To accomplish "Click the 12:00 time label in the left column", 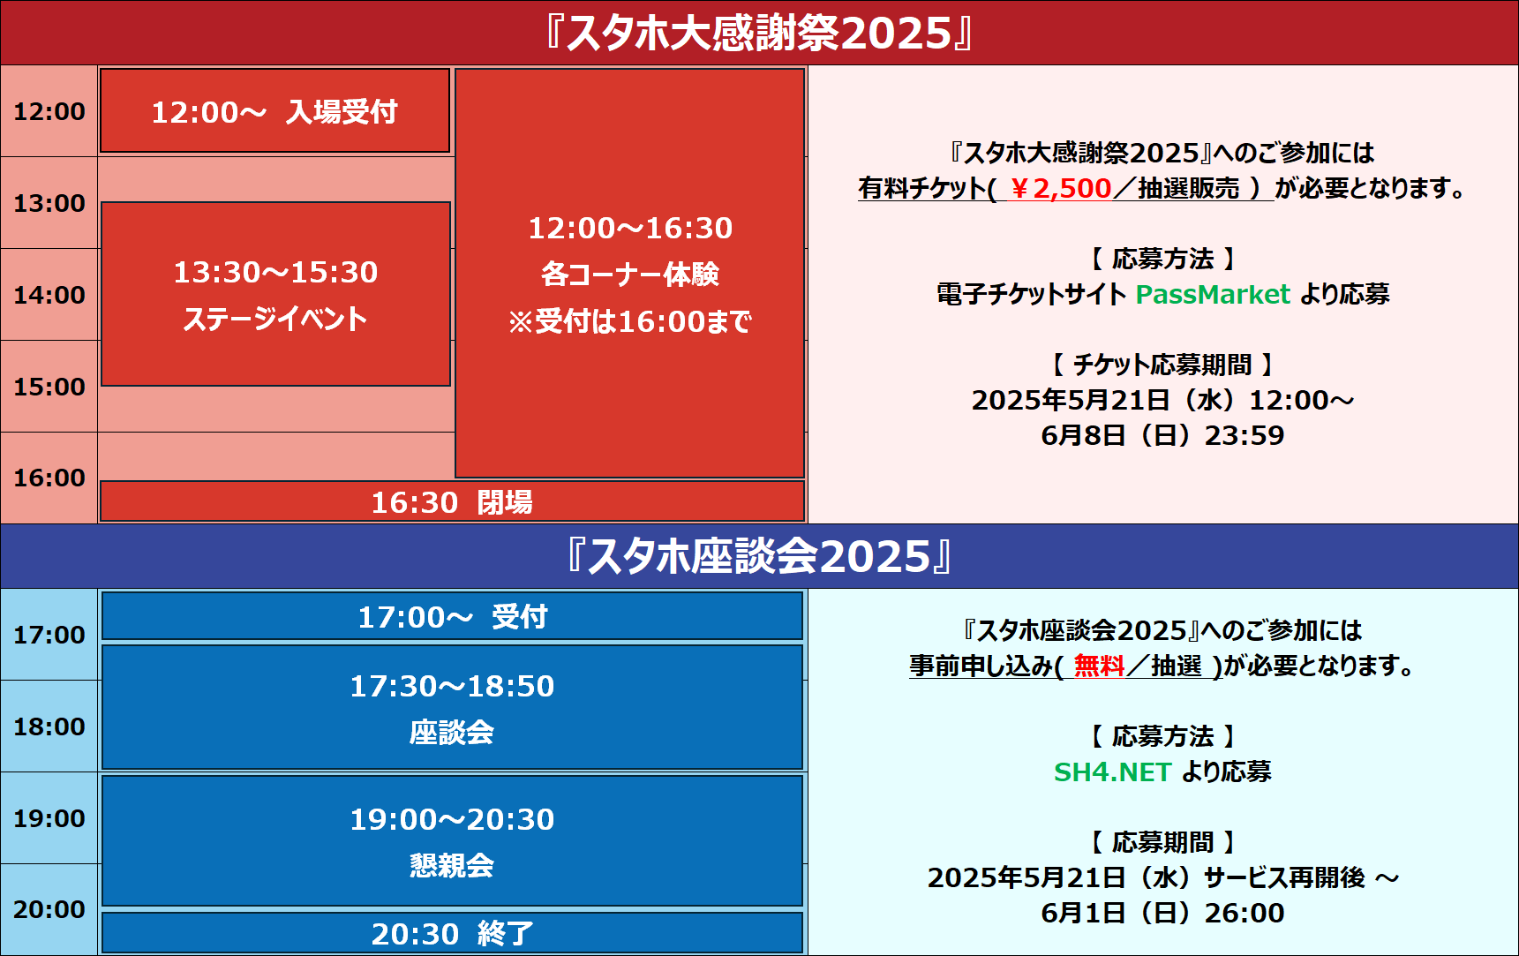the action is pyautogui.click(x=49, y=112).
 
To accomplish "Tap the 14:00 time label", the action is pyautogui.click(x=49, y=295).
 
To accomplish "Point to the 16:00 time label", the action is pyautogui.click(x=49, y=478).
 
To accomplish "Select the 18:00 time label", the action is pyautogui.click(x=49, y=726).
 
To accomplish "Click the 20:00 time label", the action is pyautogui.click(x=49, y=909).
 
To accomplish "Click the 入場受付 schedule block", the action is pyautogui.click(x=274, y=111).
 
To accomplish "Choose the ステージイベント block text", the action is pyautogui.click(x=275, y=319).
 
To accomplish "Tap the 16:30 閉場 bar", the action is pyautogui.click(x=452, y=501).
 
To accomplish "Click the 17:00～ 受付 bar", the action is pyautogui.click(x=452, y=616).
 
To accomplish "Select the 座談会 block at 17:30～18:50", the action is pyautogui.click(x=452, y=708).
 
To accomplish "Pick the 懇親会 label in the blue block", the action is pyautogui.click(x=452, y=865).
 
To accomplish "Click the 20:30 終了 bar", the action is pyautogui.click(x=452, y=933).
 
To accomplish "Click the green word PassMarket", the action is pyautogui.click(x=1213, y=294).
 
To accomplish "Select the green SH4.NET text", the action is pyautogui.click(x=1112, y=772).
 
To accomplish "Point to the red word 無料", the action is pyautogui.click(x=1099, y=666).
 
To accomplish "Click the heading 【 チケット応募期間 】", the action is pyautogui.click(x=1163, y=365).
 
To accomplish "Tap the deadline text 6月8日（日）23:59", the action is pyautogui.click(x=1163, y=435).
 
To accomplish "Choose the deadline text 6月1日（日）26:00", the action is pyautogui.click(x=1163, y=913).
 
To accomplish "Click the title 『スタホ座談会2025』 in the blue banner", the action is pyautogui.click(x=759, y=556).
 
